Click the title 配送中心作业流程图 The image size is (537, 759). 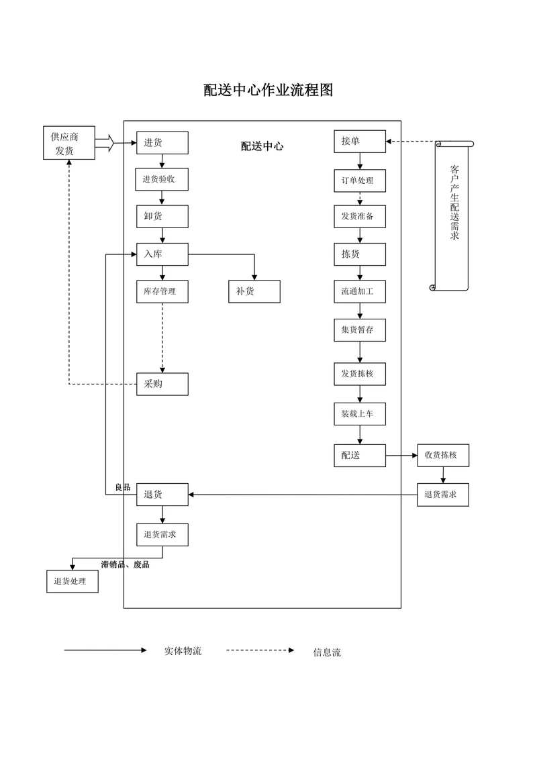click(x=268, y=90)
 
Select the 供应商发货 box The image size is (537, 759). click(x=69, y=143)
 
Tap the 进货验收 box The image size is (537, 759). click(x=162, y=179)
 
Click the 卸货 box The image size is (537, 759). click(x=162, y=216)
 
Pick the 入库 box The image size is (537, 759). click(x=162, y=254)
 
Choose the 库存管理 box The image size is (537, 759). click(x=162, y=291)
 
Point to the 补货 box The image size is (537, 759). click(x=254, y=291)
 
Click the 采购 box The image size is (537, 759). click(x=162, y=384)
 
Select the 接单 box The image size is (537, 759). click(x=360, y=142)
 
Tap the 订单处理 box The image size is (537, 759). click(x=360, y=181)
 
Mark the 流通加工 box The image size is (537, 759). click(x=360, y=291)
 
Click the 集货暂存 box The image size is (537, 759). click(x=360, y=330)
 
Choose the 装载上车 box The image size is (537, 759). click(x=360, y=413)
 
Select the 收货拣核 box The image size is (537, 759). click(x=442, y=455)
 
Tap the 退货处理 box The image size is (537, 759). click(x=72, y=581)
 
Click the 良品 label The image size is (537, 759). click(x=122, y=487)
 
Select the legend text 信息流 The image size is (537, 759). click(x=327, y=652)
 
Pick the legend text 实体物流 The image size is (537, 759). click(x=183, y=650)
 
